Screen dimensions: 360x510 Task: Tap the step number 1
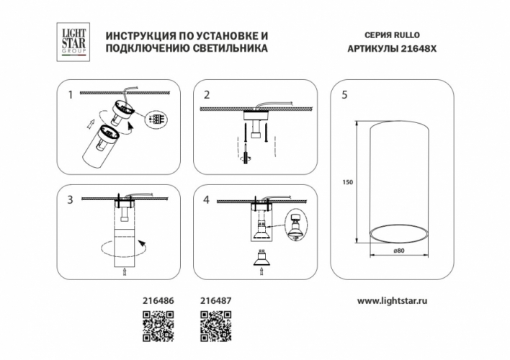click(70, 94)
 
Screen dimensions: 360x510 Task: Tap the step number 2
click(207, 94)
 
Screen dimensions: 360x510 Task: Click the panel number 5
click(344, 94)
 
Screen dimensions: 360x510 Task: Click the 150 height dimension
click(347, 182)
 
